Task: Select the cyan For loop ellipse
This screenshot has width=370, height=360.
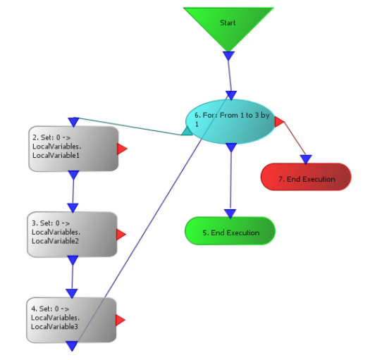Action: coord(230,122)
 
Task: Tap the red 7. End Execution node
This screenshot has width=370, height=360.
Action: coord(306,177)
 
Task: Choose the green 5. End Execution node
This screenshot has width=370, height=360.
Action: coord(230,231)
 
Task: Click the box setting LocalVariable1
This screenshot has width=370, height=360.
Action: coord(73,149)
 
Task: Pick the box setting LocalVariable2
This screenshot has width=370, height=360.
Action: coord(72,235)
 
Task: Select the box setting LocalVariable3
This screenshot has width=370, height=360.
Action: coord(71,320)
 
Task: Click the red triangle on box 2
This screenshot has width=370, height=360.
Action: coord(122,149)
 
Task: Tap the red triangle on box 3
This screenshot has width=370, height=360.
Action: coord(121,235)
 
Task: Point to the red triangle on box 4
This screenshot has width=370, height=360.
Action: coord(120,320)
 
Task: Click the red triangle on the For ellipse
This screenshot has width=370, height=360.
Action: coord(279,122)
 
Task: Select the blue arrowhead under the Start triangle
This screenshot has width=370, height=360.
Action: coord(228,56)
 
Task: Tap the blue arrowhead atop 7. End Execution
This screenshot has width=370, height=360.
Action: coord(306,159)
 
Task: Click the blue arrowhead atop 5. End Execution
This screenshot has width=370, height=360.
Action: coord(230,213)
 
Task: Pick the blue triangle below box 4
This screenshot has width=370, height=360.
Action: coord(72,346)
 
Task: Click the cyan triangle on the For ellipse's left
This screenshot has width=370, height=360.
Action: coord(187,132)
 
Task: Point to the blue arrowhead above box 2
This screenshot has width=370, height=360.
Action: coord(73,122)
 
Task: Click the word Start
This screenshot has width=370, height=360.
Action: coord(228,23)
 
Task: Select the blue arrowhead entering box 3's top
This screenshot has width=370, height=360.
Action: coord(73,208)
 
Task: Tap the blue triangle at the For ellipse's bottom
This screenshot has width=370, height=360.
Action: coord(231,148)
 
